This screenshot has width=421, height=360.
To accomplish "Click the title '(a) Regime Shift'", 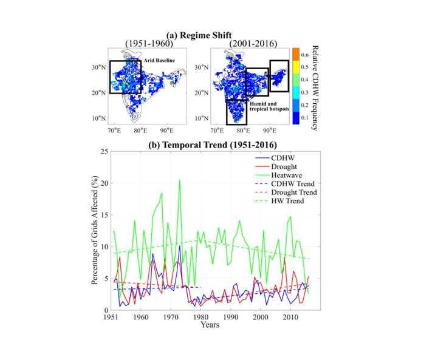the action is pos(199,35).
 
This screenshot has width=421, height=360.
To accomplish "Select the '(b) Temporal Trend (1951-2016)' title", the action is pos(213,145).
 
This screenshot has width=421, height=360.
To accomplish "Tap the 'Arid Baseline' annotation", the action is pos(159,61).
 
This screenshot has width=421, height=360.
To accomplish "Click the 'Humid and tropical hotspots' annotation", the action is pos(269,106).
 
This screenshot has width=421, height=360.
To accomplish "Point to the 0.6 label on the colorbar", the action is pos(305,55).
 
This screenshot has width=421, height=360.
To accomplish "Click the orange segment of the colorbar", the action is pos(296,54).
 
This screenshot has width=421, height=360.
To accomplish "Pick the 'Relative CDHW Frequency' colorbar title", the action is pos(315,88).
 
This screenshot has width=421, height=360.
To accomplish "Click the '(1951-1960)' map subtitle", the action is pos(149,43).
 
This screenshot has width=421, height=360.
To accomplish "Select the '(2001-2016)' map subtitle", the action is pos(253,43).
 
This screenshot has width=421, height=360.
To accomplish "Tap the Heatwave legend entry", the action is pos(279,175).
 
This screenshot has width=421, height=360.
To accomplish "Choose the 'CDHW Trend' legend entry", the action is pos(285,184).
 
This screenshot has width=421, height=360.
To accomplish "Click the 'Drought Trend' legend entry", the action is pos(286,192).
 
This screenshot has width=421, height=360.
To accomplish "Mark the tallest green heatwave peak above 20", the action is pos(180,180).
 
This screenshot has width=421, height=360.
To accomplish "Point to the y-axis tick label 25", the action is pos(104,152).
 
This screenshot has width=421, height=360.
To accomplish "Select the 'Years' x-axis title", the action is pos(210,325).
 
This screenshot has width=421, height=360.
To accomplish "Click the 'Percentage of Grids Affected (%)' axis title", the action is pos(95,230).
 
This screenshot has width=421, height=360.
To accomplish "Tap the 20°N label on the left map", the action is pos(98,93).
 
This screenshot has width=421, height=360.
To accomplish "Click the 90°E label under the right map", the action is pos(270,131).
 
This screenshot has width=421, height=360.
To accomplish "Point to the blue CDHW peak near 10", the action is pos(180,246).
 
